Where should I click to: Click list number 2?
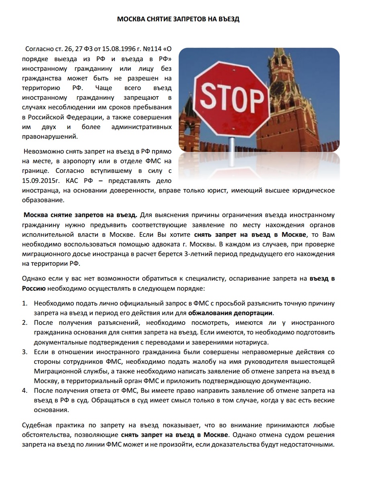click(25, 322)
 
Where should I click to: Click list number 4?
click(25, 390)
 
